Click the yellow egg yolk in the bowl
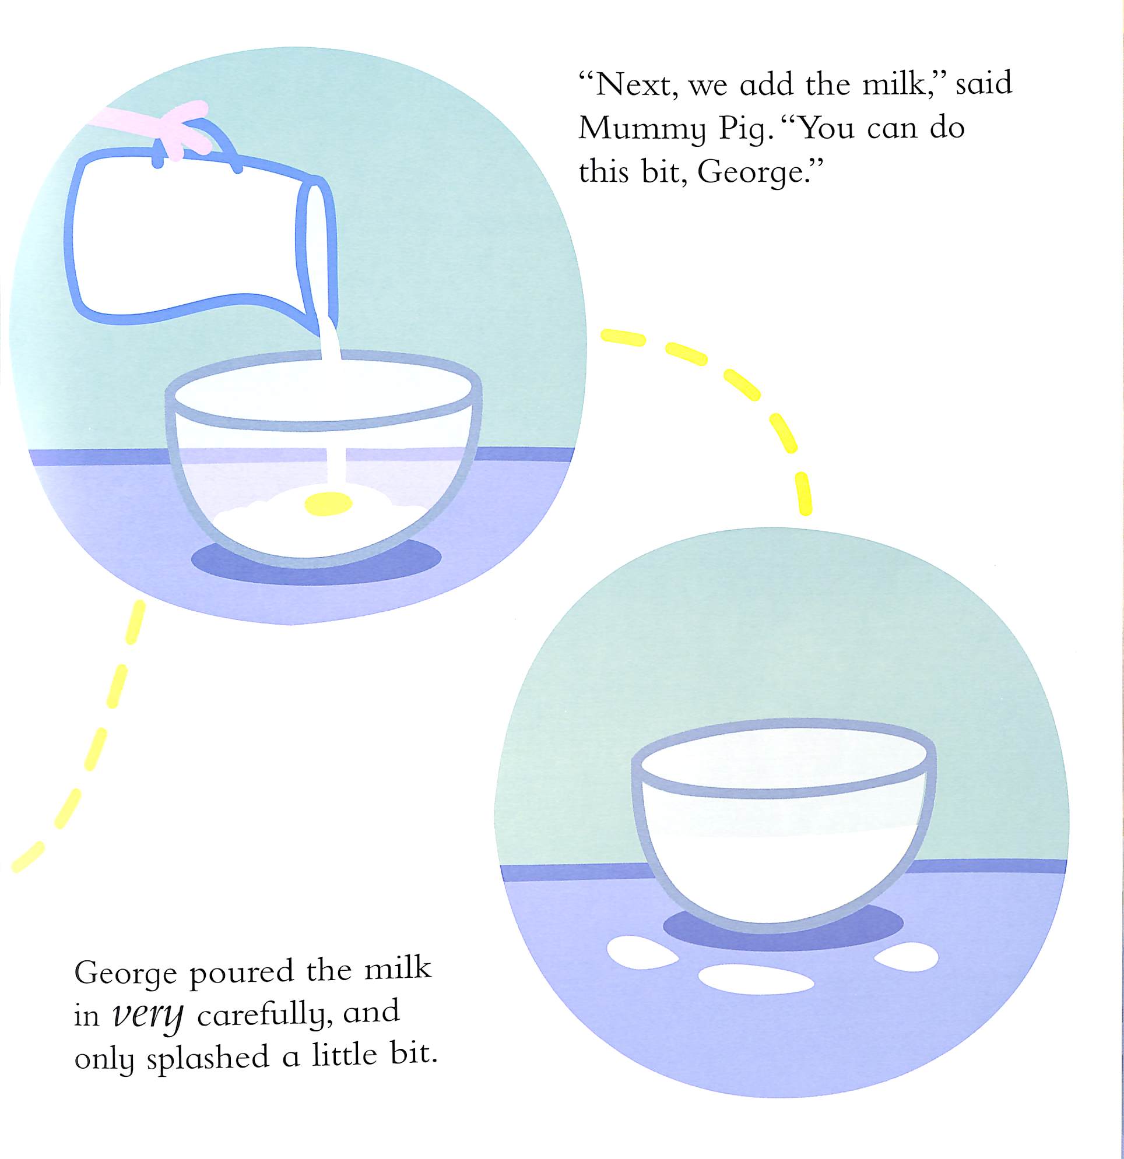click(x=328, y=503)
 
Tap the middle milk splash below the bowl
click(x=756, y=978)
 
